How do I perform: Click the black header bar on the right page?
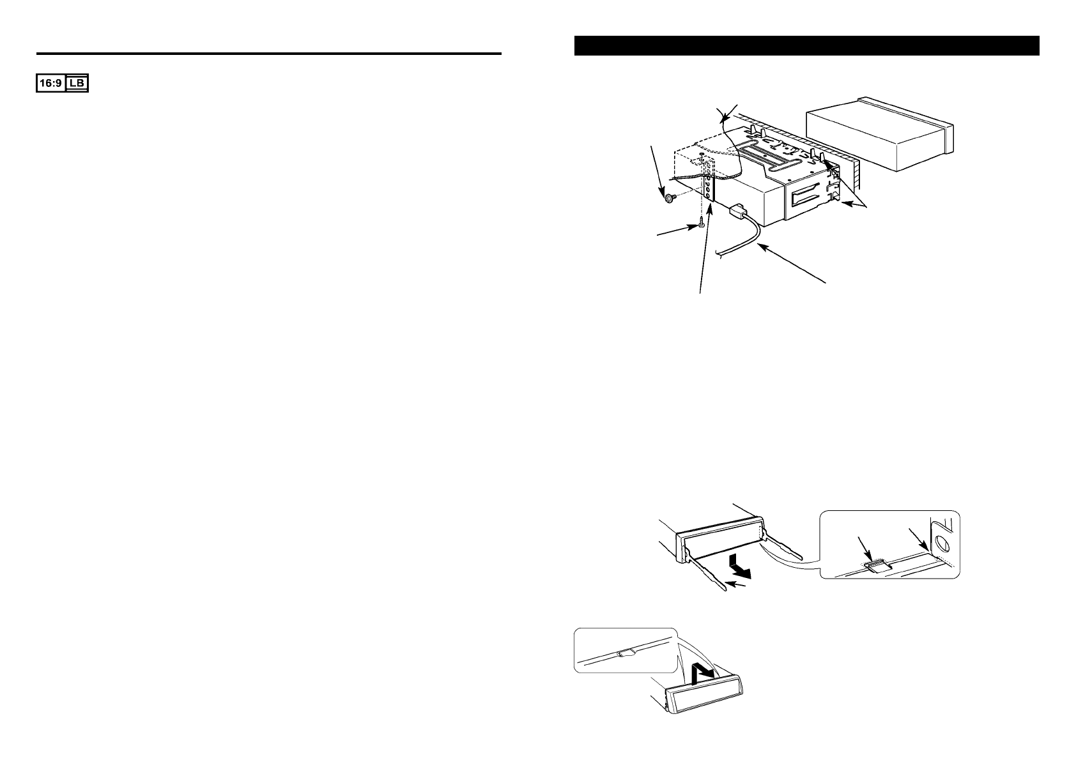pyautogui.click(x=806, y=46)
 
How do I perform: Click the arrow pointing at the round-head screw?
pyautogui.click(x=657, y=169)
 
